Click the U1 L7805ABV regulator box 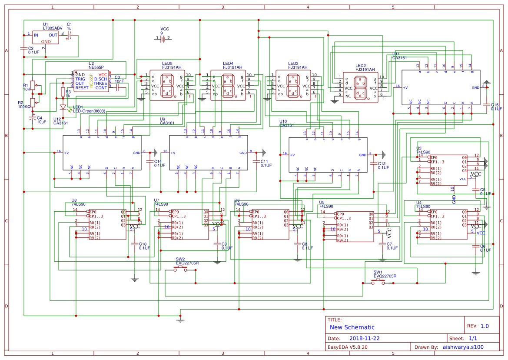[45, 37]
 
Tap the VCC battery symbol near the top [163, 38]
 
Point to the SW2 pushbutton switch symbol [181, 270]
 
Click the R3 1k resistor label [68, 93]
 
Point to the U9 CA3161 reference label [167, 121]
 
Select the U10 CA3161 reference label [286, 123]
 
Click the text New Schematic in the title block [352, 327]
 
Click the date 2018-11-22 [364, 338]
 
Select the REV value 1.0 [485, 326]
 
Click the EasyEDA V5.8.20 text [347, 347]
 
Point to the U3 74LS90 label [422, 150]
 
